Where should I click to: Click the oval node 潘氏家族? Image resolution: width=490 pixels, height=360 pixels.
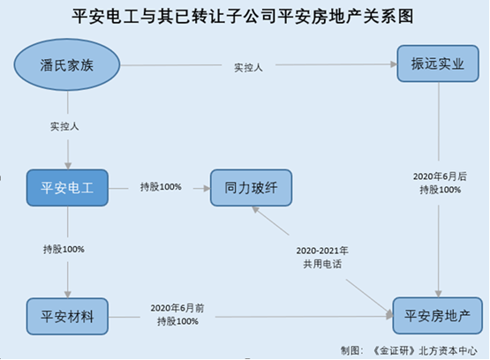tap(67, 64)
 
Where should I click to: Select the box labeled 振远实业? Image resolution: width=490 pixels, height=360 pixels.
tap(438, 64)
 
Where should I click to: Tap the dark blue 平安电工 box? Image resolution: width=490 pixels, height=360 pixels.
tap(67, 188)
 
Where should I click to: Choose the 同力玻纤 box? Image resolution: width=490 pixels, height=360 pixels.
tap(252, 188)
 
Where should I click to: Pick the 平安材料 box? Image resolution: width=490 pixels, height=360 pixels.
tap(67, 316)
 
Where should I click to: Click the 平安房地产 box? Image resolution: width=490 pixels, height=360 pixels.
tap(438, 315)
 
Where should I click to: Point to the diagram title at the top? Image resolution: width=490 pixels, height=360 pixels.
tap(243, 16)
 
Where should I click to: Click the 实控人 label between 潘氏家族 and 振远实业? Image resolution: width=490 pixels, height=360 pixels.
tap(248, 67)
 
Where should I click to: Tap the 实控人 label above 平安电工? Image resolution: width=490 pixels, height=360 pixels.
tap(64, 126)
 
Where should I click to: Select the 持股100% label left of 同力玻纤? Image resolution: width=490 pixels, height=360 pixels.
tap(161, 187)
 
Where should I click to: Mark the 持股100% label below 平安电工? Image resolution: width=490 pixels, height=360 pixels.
tap(64, 249)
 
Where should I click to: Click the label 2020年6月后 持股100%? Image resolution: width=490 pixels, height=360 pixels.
tap(440, 183)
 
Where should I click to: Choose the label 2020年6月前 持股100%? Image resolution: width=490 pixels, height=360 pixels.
tap(177, 314)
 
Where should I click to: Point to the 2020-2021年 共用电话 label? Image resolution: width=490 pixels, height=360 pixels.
tap(322, 258)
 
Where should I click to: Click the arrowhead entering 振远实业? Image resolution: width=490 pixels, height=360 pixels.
tap(394, 64)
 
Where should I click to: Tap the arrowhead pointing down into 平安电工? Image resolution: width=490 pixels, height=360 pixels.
tap(68, 166)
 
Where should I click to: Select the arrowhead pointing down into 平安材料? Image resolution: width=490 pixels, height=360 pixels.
tap(68, 294)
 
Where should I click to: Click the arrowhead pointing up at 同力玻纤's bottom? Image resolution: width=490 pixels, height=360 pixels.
tap(256, 209)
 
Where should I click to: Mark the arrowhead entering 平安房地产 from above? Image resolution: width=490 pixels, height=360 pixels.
tap(439, 294)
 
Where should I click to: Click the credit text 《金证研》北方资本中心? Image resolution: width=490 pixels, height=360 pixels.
tap(426, 351)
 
